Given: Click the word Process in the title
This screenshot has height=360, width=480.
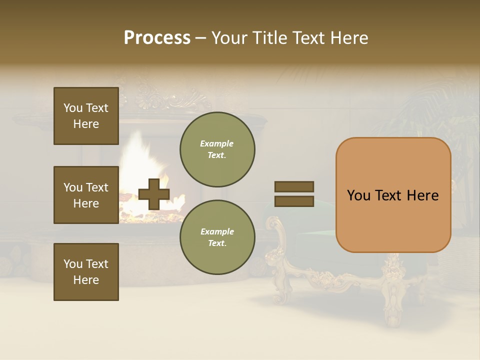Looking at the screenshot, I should (x=157, y=38).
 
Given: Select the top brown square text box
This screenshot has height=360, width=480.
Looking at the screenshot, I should (x=86, y=116).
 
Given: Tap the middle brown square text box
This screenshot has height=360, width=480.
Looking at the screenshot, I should (x=86, y=195).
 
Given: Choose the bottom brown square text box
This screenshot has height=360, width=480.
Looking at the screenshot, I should (x=86, y=272).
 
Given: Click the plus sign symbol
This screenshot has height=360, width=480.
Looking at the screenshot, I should (x=153, y=194).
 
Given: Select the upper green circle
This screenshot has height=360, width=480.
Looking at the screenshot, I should (x=217, y=149).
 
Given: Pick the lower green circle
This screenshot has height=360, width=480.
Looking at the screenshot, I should (x=217, y=237).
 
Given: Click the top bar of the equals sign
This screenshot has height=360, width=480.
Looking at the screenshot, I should (x=294, y=186).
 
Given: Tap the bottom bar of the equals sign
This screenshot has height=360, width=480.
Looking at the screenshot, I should (x=294, y=201).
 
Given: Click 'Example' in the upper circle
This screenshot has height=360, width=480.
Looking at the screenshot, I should (x=216, y=143).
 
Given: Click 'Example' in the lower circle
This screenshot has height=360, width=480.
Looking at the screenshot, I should (x=217, y=231).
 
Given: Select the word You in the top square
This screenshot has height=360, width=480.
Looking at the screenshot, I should (x=73, y=108).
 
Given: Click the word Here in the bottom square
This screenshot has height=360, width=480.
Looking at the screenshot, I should (x=86, y=280).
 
